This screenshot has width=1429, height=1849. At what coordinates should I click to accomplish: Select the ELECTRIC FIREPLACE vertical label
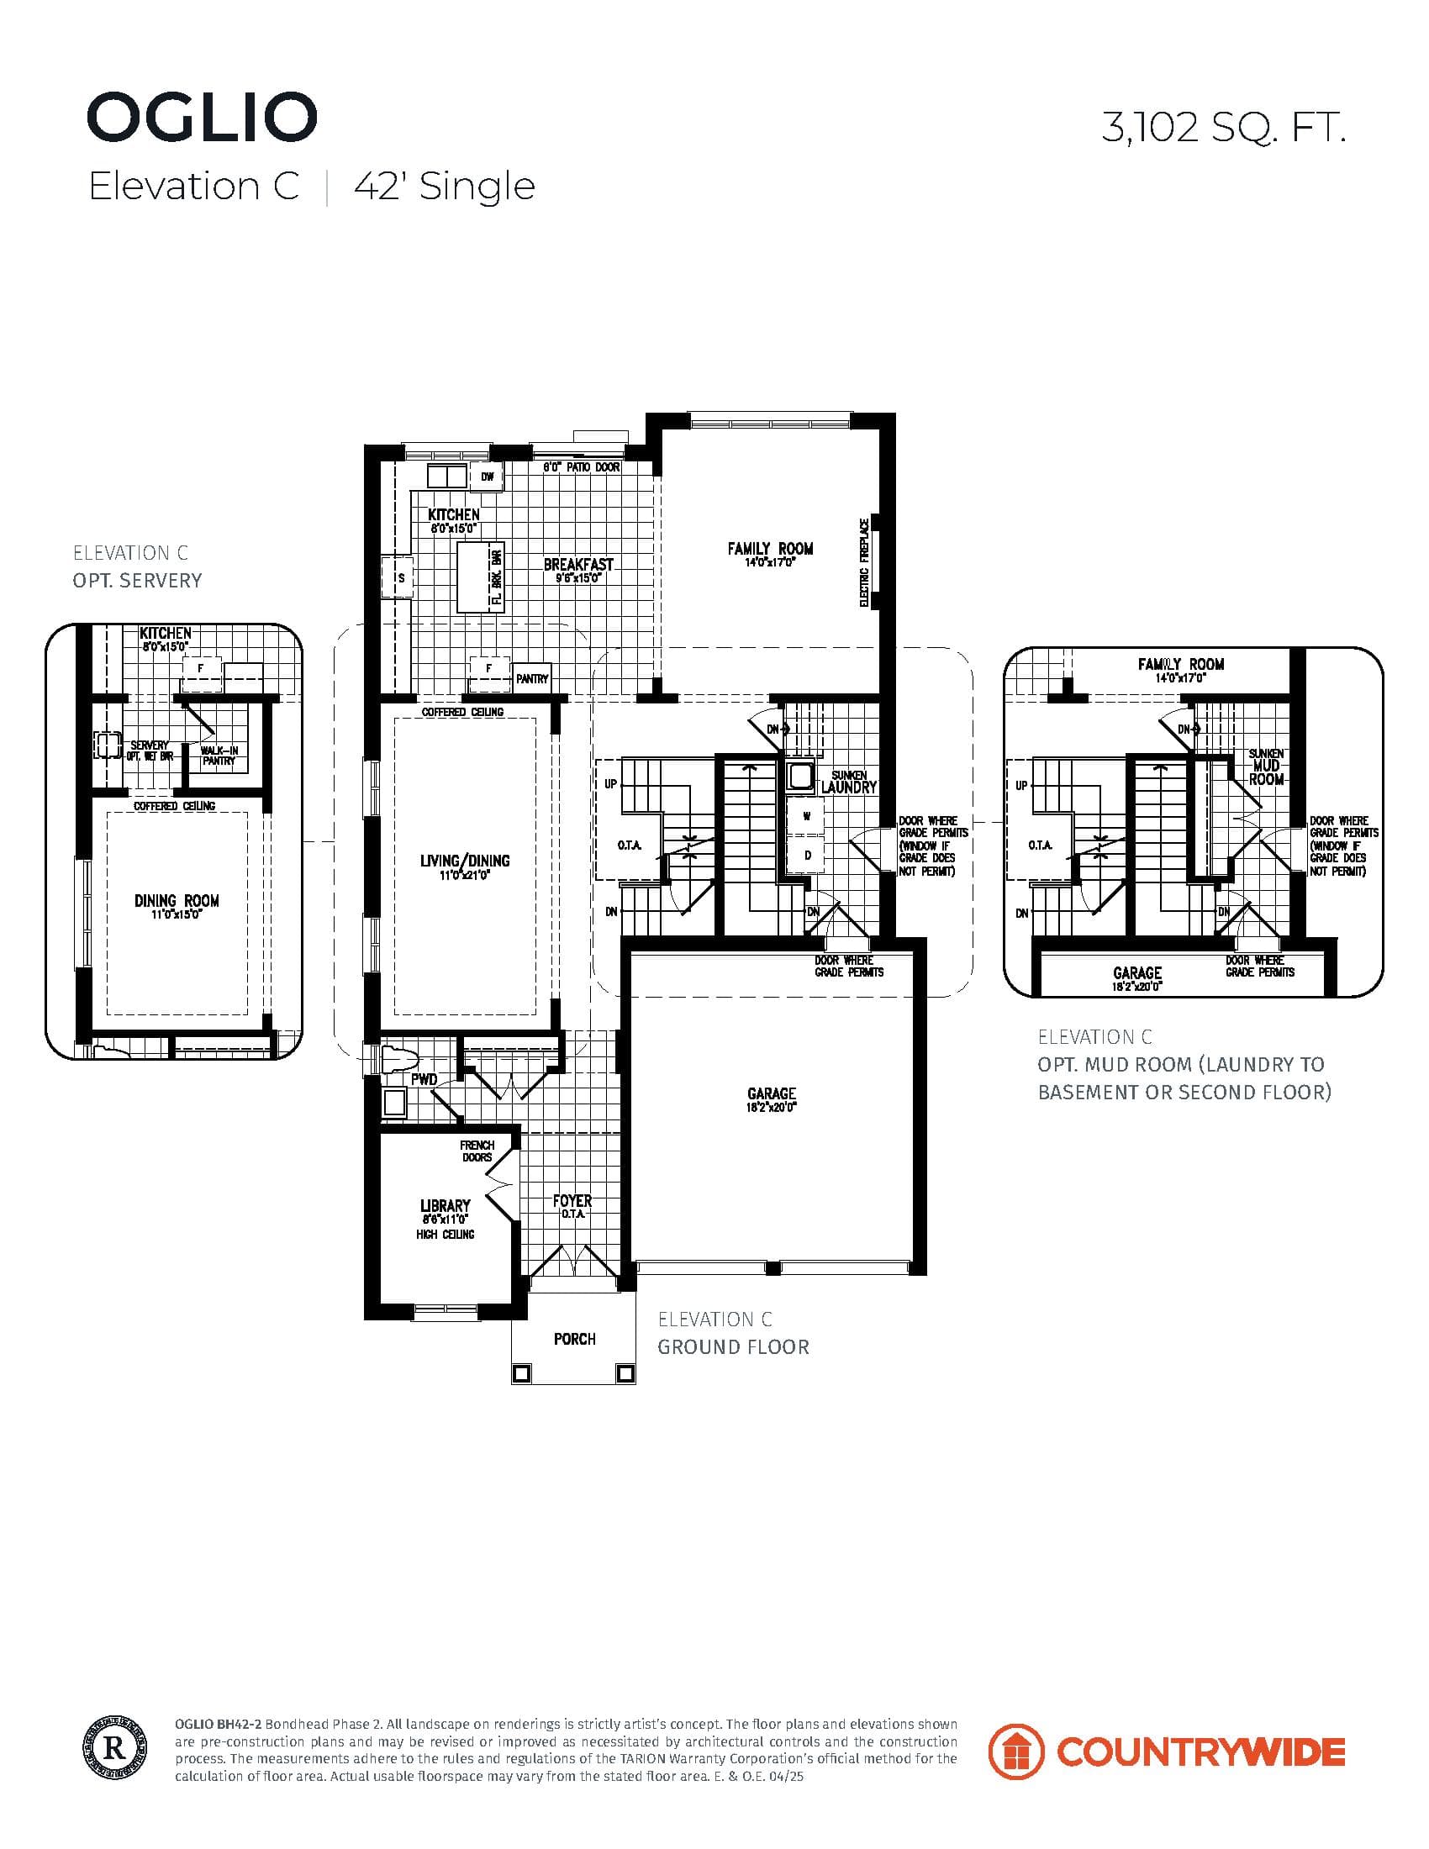tap(864, 563)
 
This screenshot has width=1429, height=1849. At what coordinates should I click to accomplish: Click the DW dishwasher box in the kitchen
tap(487, 477)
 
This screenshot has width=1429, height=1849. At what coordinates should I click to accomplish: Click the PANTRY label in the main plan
tap(531, 678)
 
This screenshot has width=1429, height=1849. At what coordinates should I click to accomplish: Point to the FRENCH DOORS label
tap(477, 1151)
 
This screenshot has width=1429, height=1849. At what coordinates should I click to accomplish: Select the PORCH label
tap(574, 1339)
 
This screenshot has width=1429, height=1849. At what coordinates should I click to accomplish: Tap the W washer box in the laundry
tap(807, 817)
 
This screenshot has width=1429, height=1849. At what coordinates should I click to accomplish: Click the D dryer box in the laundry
tap(807, 855)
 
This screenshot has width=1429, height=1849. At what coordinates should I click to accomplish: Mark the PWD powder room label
tap(424, 1079)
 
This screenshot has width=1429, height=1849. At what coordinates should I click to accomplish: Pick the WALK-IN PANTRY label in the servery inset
tap(219, 756)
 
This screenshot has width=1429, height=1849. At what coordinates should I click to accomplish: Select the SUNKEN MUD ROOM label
tap(1266, 766)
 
